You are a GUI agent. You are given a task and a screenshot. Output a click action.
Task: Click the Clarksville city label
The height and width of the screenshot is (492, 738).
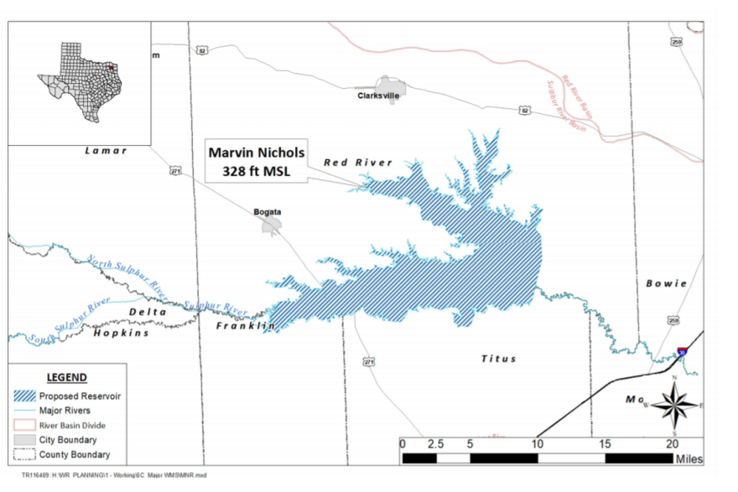(x=378, y=96)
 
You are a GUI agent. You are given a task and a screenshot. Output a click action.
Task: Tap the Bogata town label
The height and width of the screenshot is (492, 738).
(x=267, y=211)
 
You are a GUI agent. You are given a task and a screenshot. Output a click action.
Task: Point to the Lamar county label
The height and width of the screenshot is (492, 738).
(x=106, y=151)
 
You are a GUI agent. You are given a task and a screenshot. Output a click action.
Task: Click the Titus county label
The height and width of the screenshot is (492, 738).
(x=498, y=359)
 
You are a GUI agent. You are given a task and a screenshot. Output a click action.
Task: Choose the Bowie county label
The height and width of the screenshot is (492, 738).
(x=666, y=283)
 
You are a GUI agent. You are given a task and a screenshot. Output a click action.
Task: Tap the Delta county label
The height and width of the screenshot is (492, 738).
(x=148, y=312)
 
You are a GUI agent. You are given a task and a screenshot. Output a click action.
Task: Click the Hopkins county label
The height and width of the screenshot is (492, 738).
(x=121, y=333)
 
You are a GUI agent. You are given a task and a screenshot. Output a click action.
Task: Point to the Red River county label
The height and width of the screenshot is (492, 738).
(x=358, y=163)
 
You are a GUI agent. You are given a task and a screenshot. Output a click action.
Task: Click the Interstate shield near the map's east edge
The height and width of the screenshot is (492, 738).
(x=683, y=353)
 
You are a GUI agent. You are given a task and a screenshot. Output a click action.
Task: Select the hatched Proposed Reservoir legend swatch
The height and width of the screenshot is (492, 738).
(x=25, y=396)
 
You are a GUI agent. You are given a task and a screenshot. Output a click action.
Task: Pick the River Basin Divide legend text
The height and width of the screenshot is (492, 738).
(x=73, y=425)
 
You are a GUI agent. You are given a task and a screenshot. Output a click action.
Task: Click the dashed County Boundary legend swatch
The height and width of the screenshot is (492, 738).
(x=25, y=455)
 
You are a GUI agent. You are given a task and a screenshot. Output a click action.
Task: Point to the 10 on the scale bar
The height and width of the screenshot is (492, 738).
(x=537, y=443)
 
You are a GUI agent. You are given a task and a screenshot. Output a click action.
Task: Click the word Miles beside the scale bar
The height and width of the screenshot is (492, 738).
(x=688, y=459)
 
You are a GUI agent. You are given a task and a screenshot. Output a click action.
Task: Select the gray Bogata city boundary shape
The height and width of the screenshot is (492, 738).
(x=270, y=226)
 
